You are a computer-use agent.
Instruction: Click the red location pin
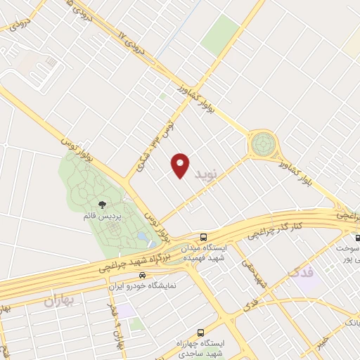click(181, 165)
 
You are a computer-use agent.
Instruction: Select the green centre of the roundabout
click(263, 143)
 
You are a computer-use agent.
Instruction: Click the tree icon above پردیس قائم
click(103, 205)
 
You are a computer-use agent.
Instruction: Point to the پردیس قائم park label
click(99, 217)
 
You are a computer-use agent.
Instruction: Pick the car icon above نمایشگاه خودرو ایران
click(143, 276)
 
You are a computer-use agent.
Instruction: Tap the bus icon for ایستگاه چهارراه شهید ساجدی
click(201, 331)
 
